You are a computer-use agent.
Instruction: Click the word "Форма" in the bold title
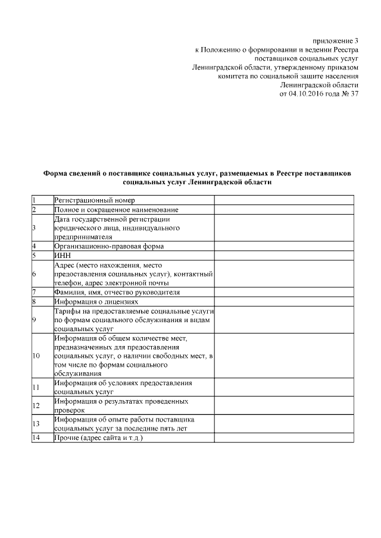click(x=57, y=173)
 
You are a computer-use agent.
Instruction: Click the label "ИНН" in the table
click(x=63, y=255)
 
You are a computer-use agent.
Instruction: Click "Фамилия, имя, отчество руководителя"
click(x=117, y=292)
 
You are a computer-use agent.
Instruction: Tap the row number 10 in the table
click(x=36, y=355)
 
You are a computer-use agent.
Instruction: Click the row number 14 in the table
click(x=36, y=438)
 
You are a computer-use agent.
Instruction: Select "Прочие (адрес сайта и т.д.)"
click(x=99, y=438)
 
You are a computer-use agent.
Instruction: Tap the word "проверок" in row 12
click(x=69, y=410)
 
